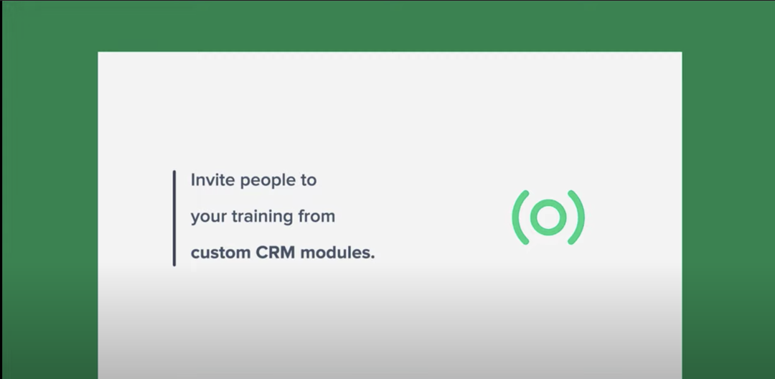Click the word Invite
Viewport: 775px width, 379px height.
[x=212, y=180]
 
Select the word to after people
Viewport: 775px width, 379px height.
[x=308, y=180]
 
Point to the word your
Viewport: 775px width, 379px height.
[x=207, y=217]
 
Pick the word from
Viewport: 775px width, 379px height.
[x=316, y=216]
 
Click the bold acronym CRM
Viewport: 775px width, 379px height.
[x=276, y=253]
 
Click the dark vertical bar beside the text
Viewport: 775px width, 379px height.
[x=174, y=218]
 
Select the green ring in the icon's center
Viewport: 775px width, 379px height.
[x=548, y=217]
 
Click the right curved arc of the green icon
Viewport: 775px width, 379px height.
[x=578, y=217]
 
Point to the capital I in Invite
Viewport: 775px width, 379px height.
[x=192, y=180]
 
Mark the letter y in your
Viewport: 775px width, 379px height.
[x=194, y=218]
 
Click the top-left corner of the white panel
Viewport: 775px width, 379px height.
[x=99, y=52]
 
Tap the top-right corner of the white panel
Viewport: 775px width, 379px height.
[x=681, y=52]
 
